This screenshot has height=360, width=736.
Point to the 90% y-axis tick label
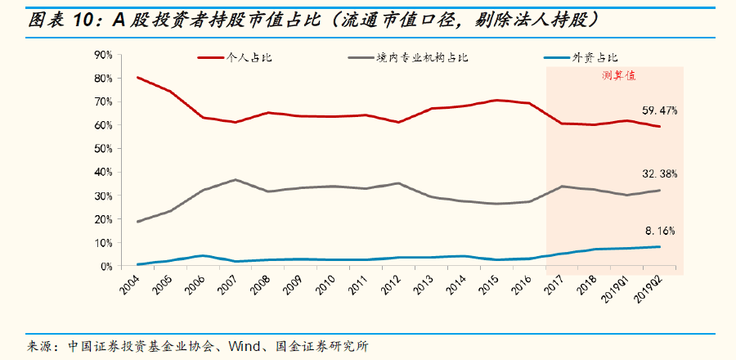click(103, 55)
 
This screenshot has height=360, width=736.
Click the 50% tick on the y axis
click(103, 149)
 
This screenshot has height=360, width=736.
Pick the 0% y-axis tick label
click(106, 267)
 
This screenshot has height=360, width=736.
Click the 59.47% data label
click(659, 110)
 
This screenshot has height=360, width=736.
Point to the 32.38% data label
click(659, 174)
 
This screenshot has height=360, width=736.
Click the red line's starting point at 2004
click(138, 78)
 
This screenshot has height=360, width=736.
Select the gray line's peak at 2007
click(235, 180)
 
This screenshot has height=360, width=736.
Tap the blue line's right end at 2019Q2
click(659, 246)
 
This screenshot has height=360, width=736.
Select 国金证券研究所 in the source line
click(325, 345)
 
